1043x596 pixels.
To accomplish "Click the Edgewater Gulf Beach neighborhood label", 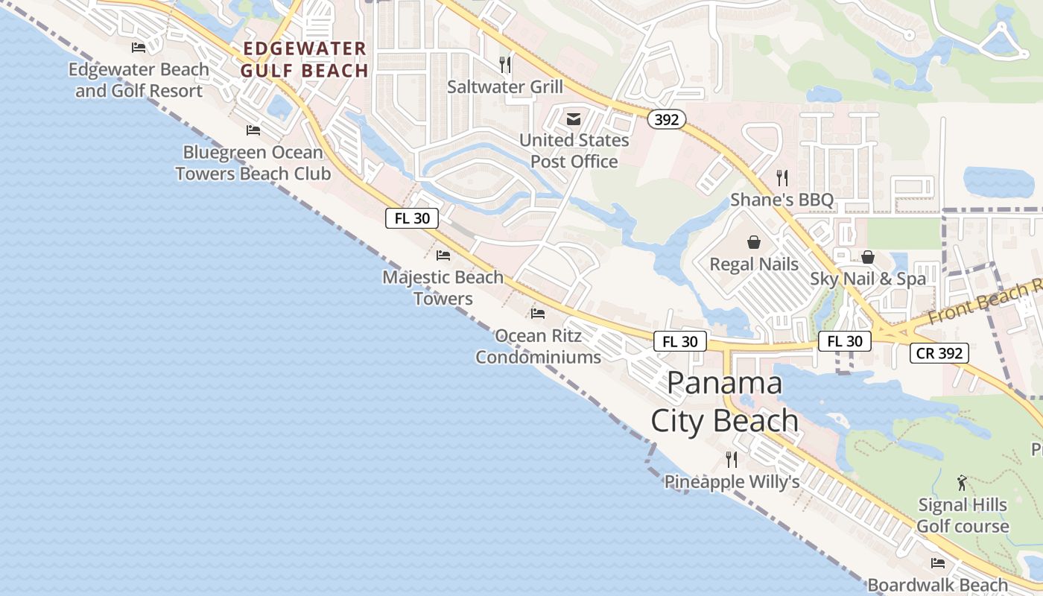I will [x=304, y=60].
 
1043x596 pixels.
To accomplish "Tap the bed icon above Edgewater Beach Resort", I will [x=138, y=48].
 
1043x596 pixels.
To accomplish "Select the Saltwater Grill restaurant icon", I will [x=505, y=64].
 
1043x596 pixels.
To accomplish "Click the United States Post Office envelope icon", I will [x=574, y=118].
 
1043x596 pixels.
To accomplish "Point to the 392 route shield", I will [x=665, y=118].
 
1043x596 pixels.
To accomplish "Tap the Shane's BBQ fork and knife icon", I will [x=782, y=177].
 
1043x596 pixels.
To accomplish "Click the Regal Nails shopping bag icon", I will [x=754, y=242].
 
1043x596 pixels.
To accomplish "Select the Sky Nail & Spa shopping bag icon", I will [x=868, y=257].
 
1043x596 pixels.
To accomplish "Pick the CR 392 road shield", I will [x=939, y=353].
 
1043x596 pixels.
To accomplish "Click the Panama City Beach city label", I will [x=724, y=402].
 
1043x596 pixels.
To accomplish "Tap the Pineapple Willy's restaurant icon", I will [x=732, y=459].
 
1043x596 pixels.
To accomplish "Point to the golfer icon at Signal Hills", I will [x=962, y=482].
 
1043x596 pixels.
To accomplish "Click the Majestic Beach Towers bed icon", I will [x=443, y=256].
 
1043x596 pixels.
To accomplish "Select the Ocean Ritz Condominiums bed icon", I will [x=538, y=314].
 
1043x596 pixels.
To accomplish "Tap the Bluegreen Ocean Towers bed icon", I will [x=253, y=130].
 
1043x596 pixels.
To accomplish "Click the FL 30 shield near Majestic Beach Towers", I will [x=412, y=218].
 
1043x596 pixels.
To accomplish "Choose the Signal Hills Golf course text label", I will [x=963, y=516].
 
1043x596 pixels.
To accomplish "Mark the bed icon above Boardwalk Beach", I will [x=938, y=563].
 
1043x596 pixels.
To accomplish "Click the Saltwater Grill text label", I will [x=505, y=86].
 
